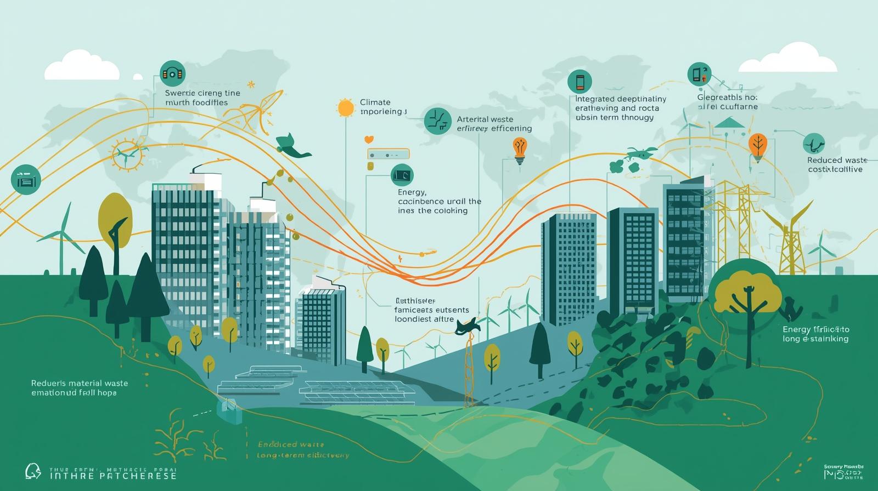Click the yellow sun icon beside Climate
(346, 107)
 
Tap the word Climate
(375, 102)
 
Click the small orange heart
(369, 140)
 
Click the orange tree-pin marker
(758, 146)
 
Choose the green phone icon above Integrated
(579, 82)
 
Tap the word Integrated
(595, 99)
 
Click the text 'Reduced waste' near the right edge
(837, 160)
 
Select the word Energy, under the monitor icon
(412, 192)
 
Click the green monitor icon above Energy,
(402, 175)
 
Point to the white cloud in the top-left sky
(82, 65)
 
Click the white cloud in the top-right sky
(788, 59)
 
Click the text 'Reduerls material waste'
(80, 383)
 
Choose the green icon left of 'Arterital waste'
(438, 121)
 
